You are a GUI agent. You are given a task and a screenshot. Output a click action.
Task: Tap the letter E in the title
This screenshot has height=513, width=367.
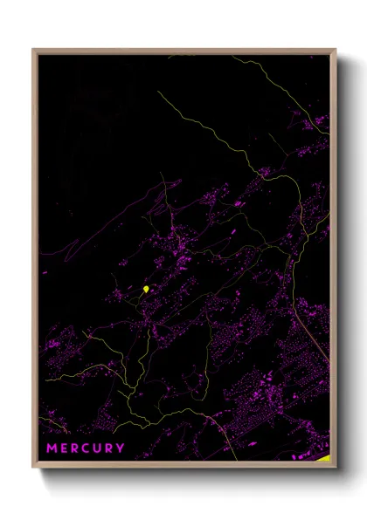(64, 448)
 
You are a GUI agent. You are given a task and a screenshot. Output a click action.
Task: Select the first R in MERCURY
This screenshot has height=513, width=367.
(75, 448)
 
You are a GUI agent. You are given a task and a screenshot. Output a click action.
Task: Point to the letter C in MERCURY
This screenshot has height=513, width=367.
(87, 448)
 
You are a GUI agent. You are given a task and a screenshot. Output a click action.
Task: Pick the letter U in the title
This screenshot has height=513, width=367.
(98, 448)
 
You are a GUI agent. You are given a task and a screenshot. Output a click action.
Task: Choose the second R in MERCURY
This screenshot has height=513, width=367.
(109, 448)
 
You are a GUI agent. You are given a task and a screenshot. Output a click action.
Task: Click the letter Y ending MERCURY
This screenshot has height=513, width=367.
(121, 448)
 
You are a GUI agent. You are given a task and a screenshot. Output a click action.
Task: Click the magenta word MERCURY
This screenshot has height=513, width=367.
(86, 448)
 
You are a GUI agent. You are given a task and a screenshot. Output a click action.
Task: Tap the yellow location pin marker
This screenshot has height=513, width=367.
(145, 289)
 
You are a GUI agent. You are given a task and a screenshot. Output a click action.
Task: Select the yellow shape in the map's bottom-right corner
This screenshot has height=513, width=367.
(324, 457)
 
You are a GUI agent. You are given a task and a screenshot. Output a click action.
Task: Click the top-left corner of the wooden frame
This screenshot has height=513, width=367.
(34, 50)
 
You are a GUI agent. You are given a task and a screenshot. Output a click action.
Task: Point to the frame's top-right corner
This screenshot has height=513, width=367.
(335, 50)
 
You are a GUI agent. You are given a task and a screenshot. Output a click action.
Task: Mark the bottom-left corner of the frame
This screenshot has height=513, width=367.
(34, 467)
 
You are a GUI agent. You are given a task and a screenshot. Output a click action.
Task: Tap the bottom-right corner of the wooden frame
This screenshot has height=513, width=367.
(335, 467)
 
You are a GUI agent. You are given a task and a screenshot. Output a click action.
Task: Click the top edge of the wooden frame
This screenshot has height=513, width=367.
(183, 51)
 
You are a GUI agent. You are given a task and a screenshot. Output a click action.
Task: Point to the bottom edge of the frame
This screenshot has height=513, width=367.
(183, 466)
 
